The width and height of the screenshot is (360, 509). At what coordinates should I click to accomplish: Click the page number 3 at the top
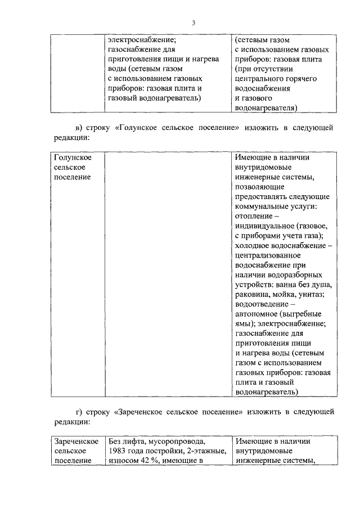click(x=193, y=23)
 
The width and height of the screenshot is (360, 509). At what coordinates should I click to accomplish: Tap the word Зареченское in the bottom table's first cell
click(x=76, y=442)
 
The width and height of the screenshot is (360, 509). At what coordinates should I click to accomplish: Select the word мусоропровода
click(x=173, y=442)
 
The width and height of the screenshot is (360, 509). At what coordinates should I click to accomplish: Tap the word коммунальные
click(x=262, y=206)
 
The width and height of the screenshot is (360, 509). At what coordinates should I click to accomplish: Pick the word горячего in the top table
click(x=301, y=79)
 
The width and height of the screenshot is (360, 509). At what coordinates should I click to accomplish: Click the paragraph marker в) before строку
click(x=80, y=128)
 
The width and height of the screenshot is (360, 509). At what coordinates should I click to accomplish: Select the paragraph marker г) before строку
click(x=80, y=411)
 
